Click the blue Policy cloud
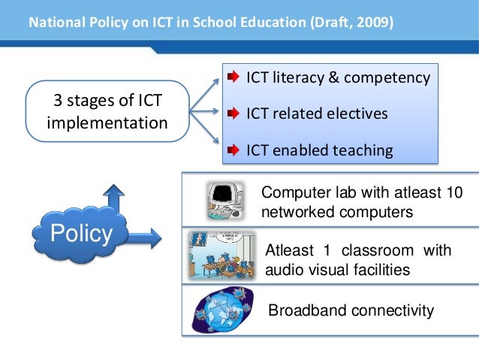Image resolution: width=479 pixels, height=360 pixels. pyautogui.click(x=80, y=235)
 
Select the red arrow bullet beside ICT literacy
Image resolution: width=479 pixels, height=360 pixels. pyautogui.click(x=233, y=77)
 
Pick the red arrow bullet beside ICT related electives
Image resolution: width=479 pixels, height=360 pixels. pyautogui.click(x=233, y=114)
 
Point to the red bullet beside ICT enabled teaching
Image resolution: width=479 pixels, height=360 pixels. pyautogui.click(x=233, y=150)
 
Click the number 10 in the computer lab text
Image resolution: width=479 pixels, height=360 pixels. pyautogui.click(x=453, y=193)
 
